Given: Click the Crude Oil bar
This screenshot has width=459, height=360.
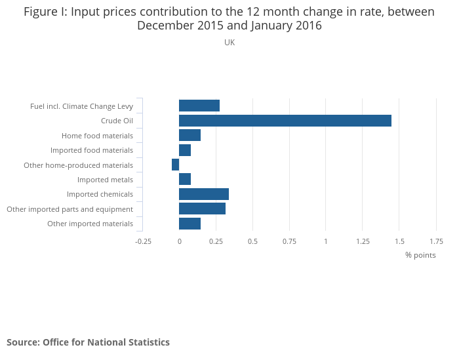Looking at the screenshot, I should click(x=285, y=121).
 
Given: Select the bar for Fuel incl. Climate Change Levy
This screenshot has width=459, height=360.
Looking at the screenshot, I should click(x=199, y=106).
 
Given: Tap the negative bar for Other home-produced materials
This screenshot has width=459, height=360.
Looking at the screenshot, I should click(x=175, y=165).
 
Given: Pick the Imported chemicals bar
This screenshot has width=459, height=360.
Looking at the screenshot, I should click(x=204, y=194).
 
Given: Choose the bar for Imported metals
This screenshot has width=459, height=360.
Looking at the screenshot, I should click(x=185, y=180).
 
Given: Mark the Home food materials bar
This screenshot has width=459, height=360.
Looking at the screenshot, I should click(x=190, y=135).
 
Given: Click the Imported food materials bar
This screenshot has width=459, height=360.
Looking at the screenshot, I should click(x=185, y=150).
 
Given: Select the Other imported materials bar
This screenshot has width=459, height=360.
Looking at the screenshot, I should click(x=190, y=224).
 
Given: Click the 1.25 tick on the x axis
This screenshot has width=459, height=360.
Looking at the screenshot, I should click(x=363, y=241).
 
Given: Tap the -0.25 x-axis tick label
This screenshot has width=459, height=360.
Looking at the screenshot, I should click(x=143, y=241).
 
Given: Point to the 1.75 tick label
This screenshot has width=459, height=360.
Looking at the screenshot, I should click(x=436, y=241).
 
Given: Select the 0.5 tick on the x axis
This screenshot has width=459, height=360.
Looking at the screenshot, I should click(x=252, y=241).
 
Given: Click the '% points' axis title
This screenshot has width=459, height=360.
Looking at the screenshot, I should click(x=420, y=255).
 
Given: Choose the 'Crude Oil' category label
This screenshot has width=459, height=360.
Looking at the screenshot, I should click(x=117, y=121).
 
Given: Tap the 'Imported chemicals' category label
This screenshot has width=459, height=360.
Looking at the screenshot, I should click(x=100, y=194).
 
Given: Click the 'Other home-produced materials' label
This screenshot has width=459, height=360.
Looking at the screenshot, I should click(x=78, y=165).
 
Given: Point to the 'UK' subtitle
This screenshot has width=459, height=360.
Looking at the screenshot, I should click(x=229, y=43).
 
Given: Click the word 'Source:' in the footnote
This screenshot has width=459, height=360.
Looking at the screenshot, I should click(x=23, y=342).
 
